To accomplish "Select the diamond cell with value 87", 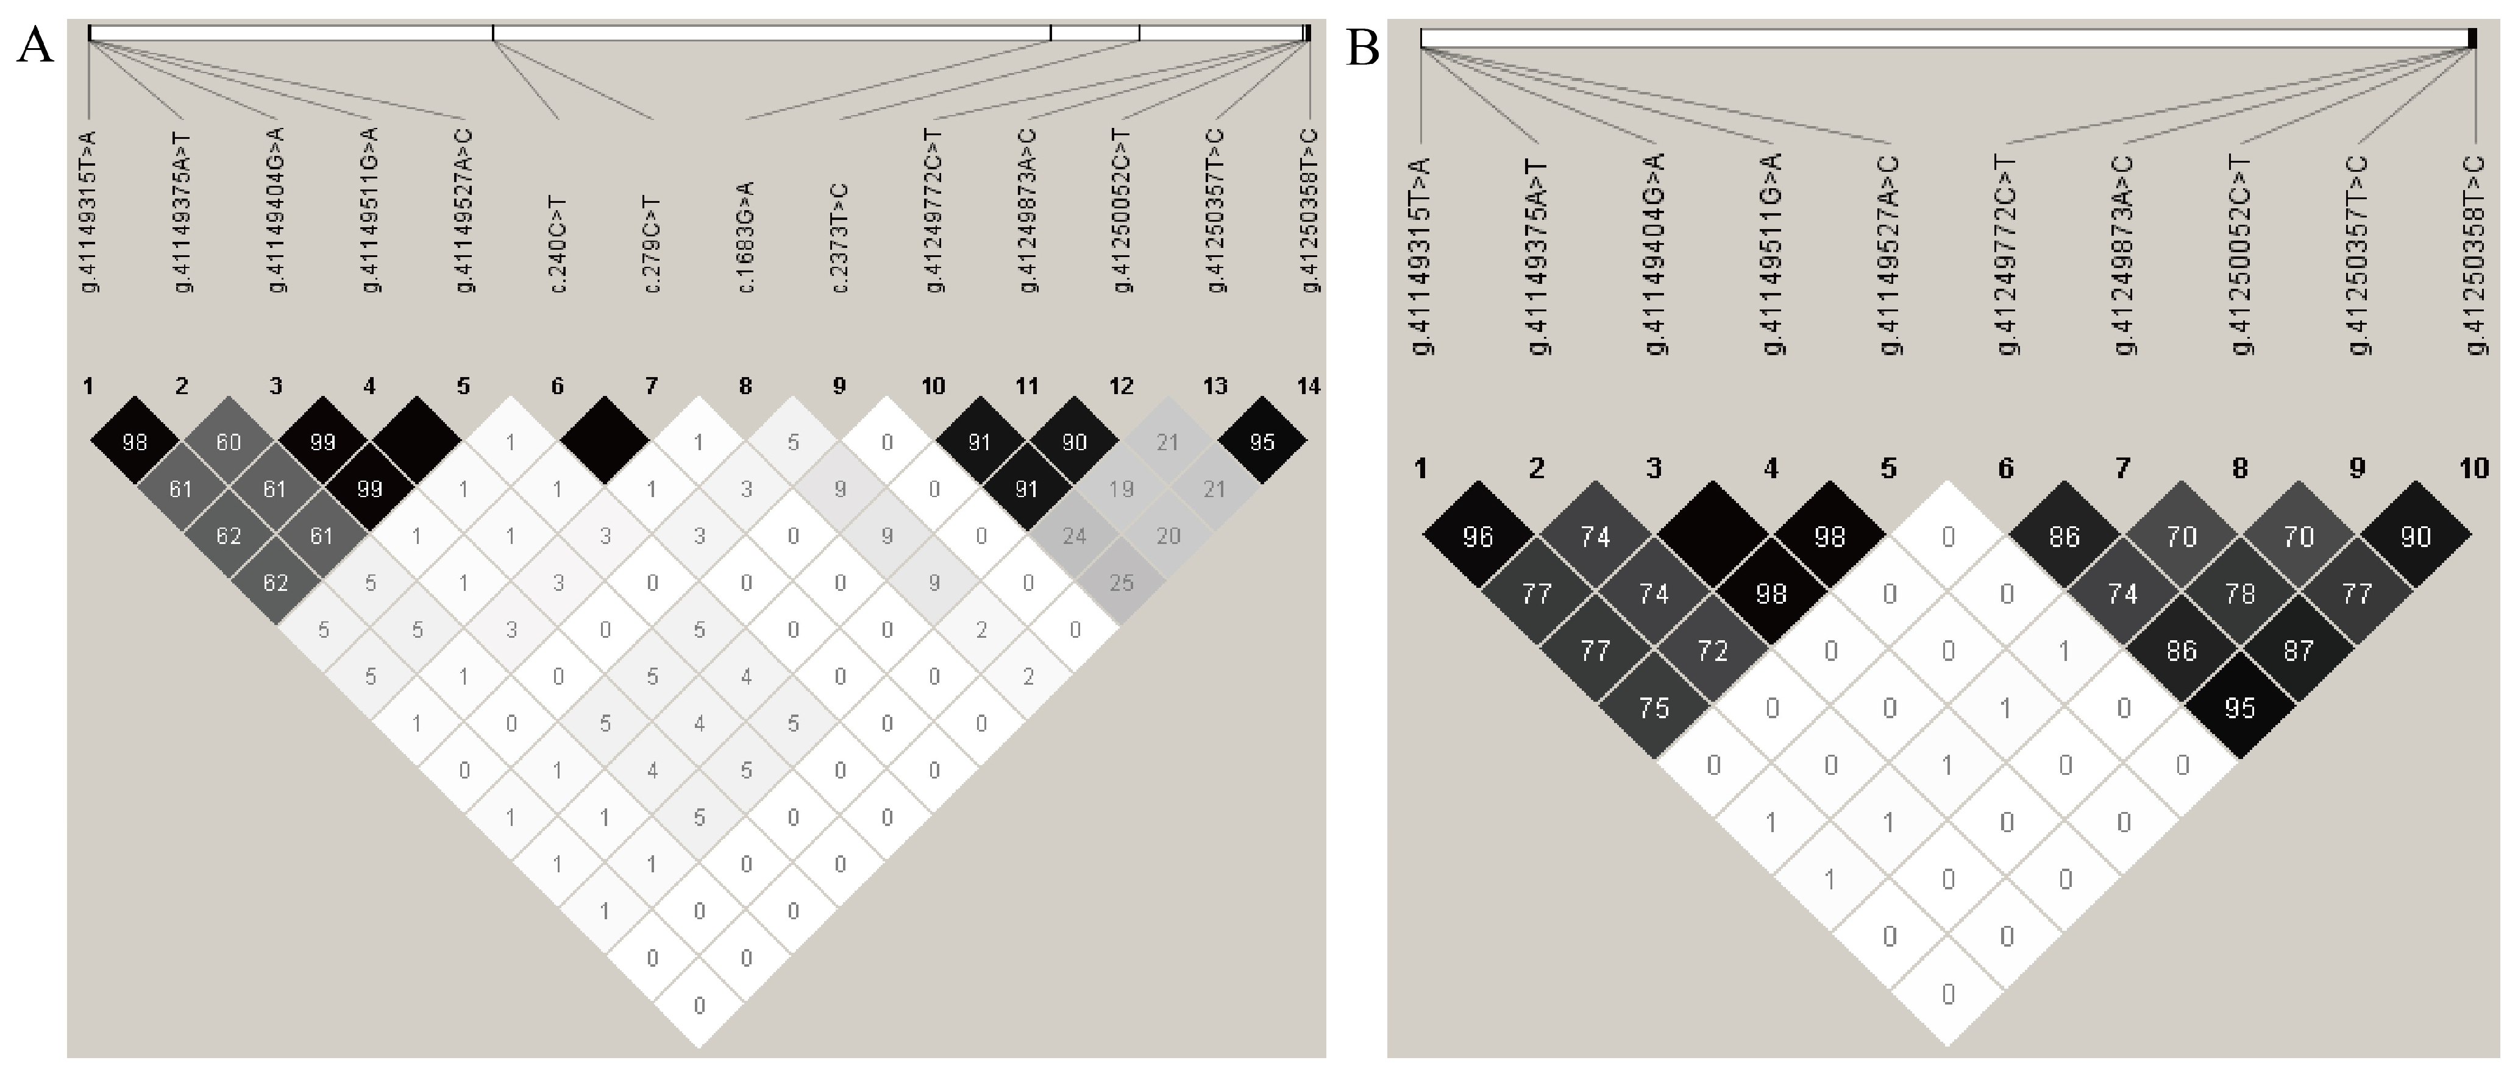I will coord(2298,651).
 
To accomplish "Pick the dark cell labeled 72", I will coord(1713,651).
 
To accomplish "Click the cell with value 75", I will coord(1654,708).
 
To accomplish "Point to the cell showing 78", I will coord(2239,593).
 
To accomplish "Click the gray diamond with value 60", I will coord(229,443).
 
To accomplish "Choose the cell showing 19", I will coord(1121,489).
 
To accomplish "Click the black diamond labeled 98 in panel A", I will coord(135,443).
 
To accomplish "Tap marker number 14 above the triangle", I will coord(1308,387).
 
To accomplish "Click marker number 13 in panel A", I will coord(1215,387).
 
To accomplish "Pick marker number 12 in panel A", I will coord(1121,387).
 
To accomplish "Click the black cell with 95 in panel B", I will coord(2239,708).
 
